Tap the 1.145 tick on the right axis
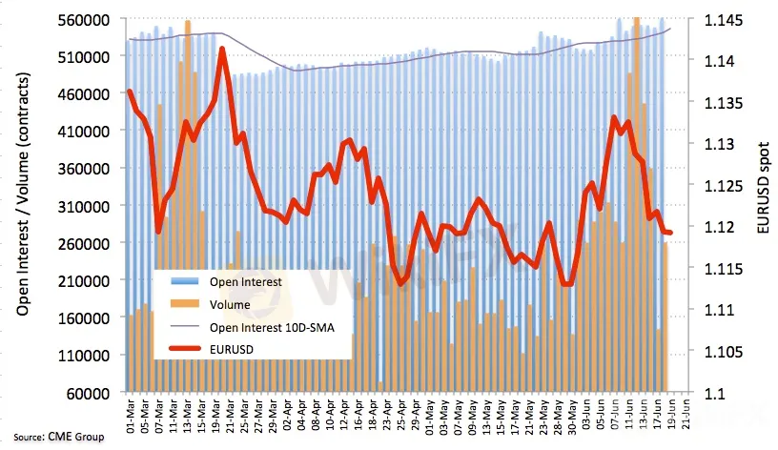coord(722,19)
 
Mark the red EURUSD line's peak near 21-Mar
coord(222,49)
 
